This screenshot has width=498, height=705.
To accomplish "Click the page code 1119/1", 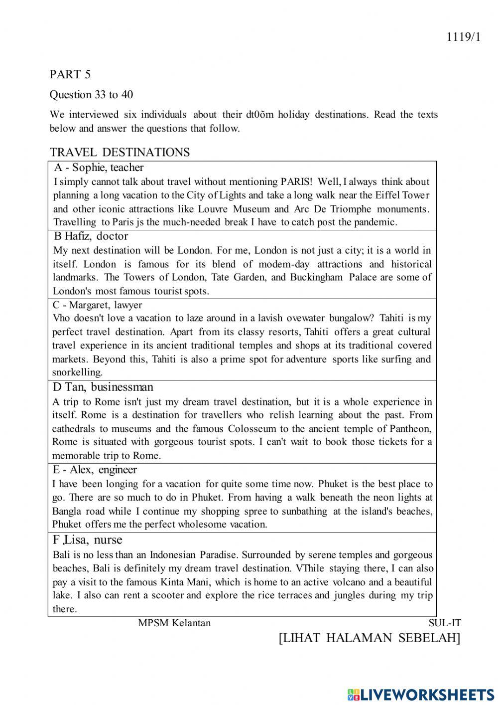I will point(463,37).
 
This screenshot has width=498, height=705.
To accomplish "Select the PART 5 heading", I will point(70,74).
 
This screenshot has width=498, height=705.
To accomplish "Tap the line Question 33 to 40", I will point(91,95).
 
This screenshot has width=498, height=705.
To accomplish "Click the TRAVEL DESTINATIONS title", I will point(120,152).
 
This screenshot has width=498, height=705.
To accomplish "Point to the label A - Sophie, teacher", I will point(99,168).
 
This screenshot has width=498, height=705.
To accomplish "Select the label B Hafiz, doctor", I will point(90,236).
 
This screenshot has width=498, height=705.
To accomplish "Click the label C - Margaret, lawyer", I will point(97,305).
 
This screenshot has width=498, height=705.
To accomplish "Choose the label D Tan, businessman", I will point(103,387).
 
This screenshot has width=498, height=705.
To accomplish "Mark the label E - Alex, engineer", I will point(95,470).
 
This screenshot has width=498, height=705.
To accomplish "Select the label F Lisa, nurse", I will point(88,540).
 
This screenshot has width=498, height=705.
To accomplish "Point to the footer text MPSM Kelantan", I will point(174,623).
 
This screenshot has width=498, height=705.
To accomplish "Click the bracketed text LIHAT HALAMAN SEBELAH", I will point(370,638).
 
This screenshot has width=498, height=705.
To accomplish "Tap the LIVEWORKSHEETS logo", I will point(421,695).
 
